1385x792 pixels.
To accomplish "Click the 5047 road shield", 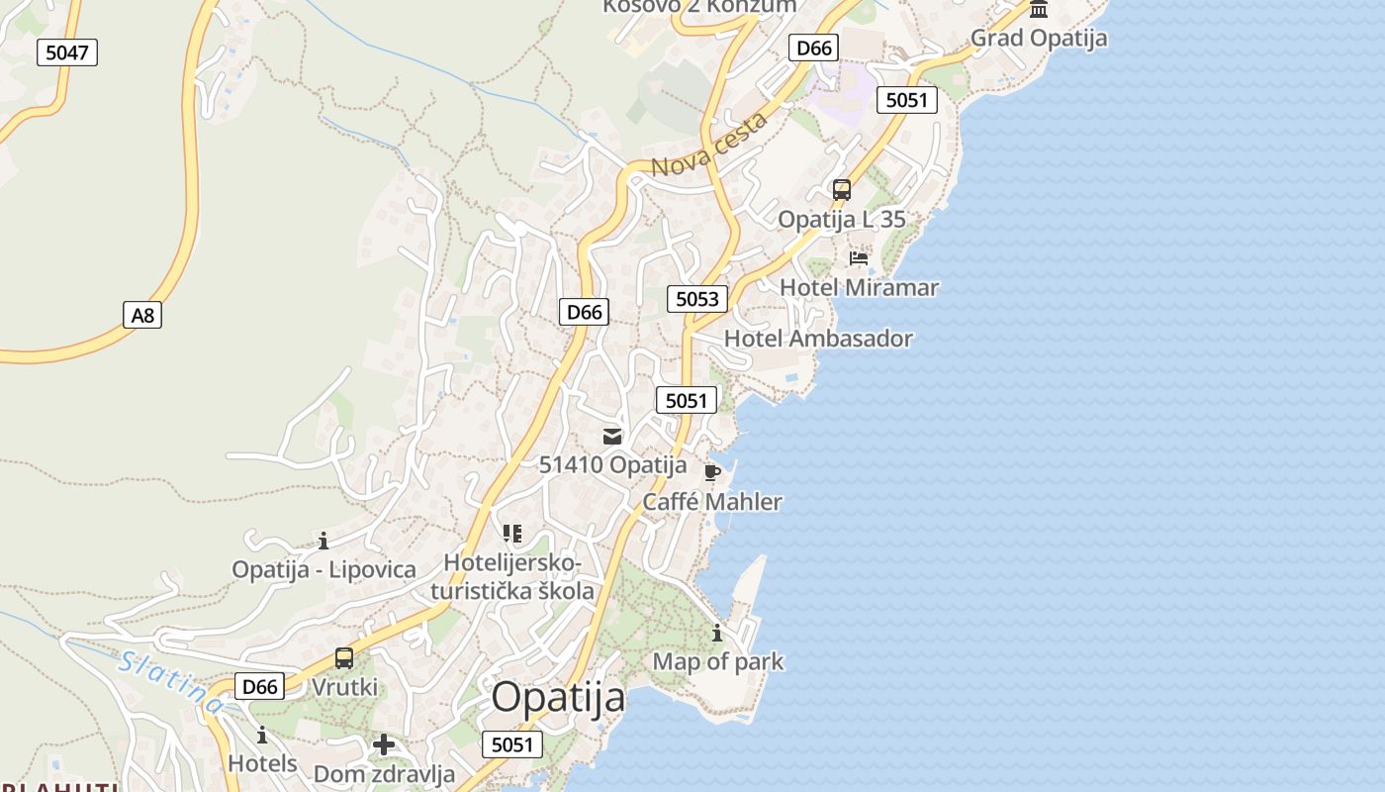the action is (67, 52).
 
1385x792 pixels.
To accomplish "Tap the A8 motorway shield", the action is (142, 315).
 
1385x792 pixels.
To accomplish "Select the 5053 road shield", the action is (697, 298).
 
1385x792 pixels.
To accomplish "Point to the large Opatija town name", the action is (559, 697).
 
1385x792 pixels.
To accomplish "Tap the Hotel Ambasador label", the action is (818, 339).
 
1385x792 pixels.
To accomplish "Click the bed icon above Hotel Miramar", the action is (859, 258).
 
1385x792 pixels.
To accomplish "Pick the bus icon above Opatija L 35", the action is (842, 190).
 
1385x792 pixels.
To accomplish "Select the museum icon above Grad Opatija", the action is (1039, 10).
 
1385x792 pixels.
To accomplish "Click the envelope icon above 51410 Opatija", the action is (612, 436).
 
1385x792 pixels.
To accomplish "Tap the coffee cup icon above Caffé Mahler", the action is (711, 471).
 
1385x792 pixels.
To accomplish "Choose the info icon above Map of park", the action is (717, 633).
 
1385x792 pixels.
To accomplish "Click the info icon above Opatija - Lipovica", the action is (323, 541).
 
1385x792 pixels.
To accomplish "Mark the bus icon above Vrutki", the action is (344, 657).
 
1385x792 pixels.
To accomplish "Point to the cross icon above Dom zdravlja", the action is (384, 744).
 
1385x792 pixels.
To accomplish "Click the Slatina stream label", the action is (170, 682).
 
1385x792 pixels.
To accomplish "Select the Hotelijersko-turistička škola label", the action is (513, 577).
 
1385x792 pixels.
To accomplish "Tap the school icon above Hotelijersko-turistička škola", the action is (512, 535).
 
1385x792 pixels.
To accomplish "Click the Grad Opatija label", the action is (1039, 39).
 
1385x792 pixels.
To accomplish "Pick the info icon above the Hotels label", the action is (262, 735).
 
